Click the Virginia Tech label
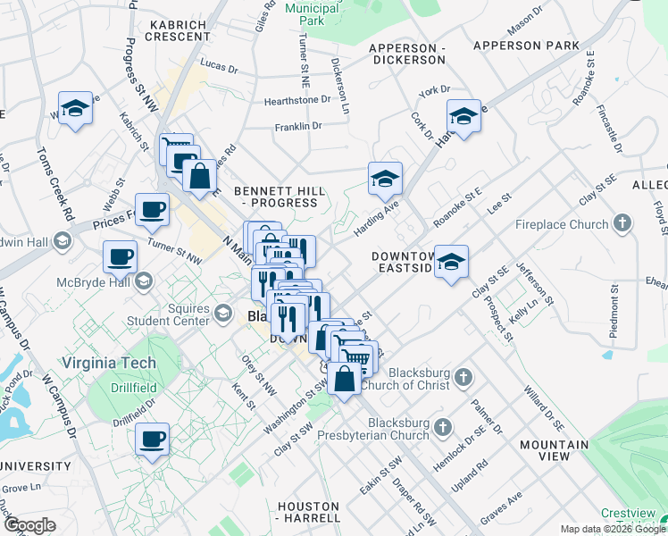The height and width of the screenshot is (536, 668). coord(109,364)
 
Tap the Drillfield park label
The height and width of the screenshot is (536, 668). coord(134,389)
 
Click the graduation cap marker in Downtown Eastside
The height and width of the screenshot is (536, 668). coord(452,262)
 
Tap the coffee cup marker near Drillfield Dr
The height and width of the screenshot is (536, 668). coord(152,440)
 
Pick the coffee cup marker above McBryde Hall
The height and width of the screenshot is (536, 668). coord(120,257)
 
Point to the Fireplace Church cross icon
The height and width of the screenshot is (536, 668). coord(622,223)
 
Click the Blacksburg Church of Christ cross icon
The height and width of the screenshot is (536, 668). coord(463,378)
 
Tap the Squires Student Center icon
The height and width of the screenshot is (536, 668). coord(223,314)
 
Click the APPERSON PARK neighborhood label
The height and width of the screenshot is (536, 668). coord(526,46)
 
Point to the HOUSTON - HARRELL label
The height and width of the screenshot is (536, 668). coord(308,512)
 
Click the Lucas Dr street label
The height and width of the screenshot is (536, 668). coord(219,66)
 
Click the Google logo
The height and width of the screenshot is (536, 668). coord(29,525)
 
